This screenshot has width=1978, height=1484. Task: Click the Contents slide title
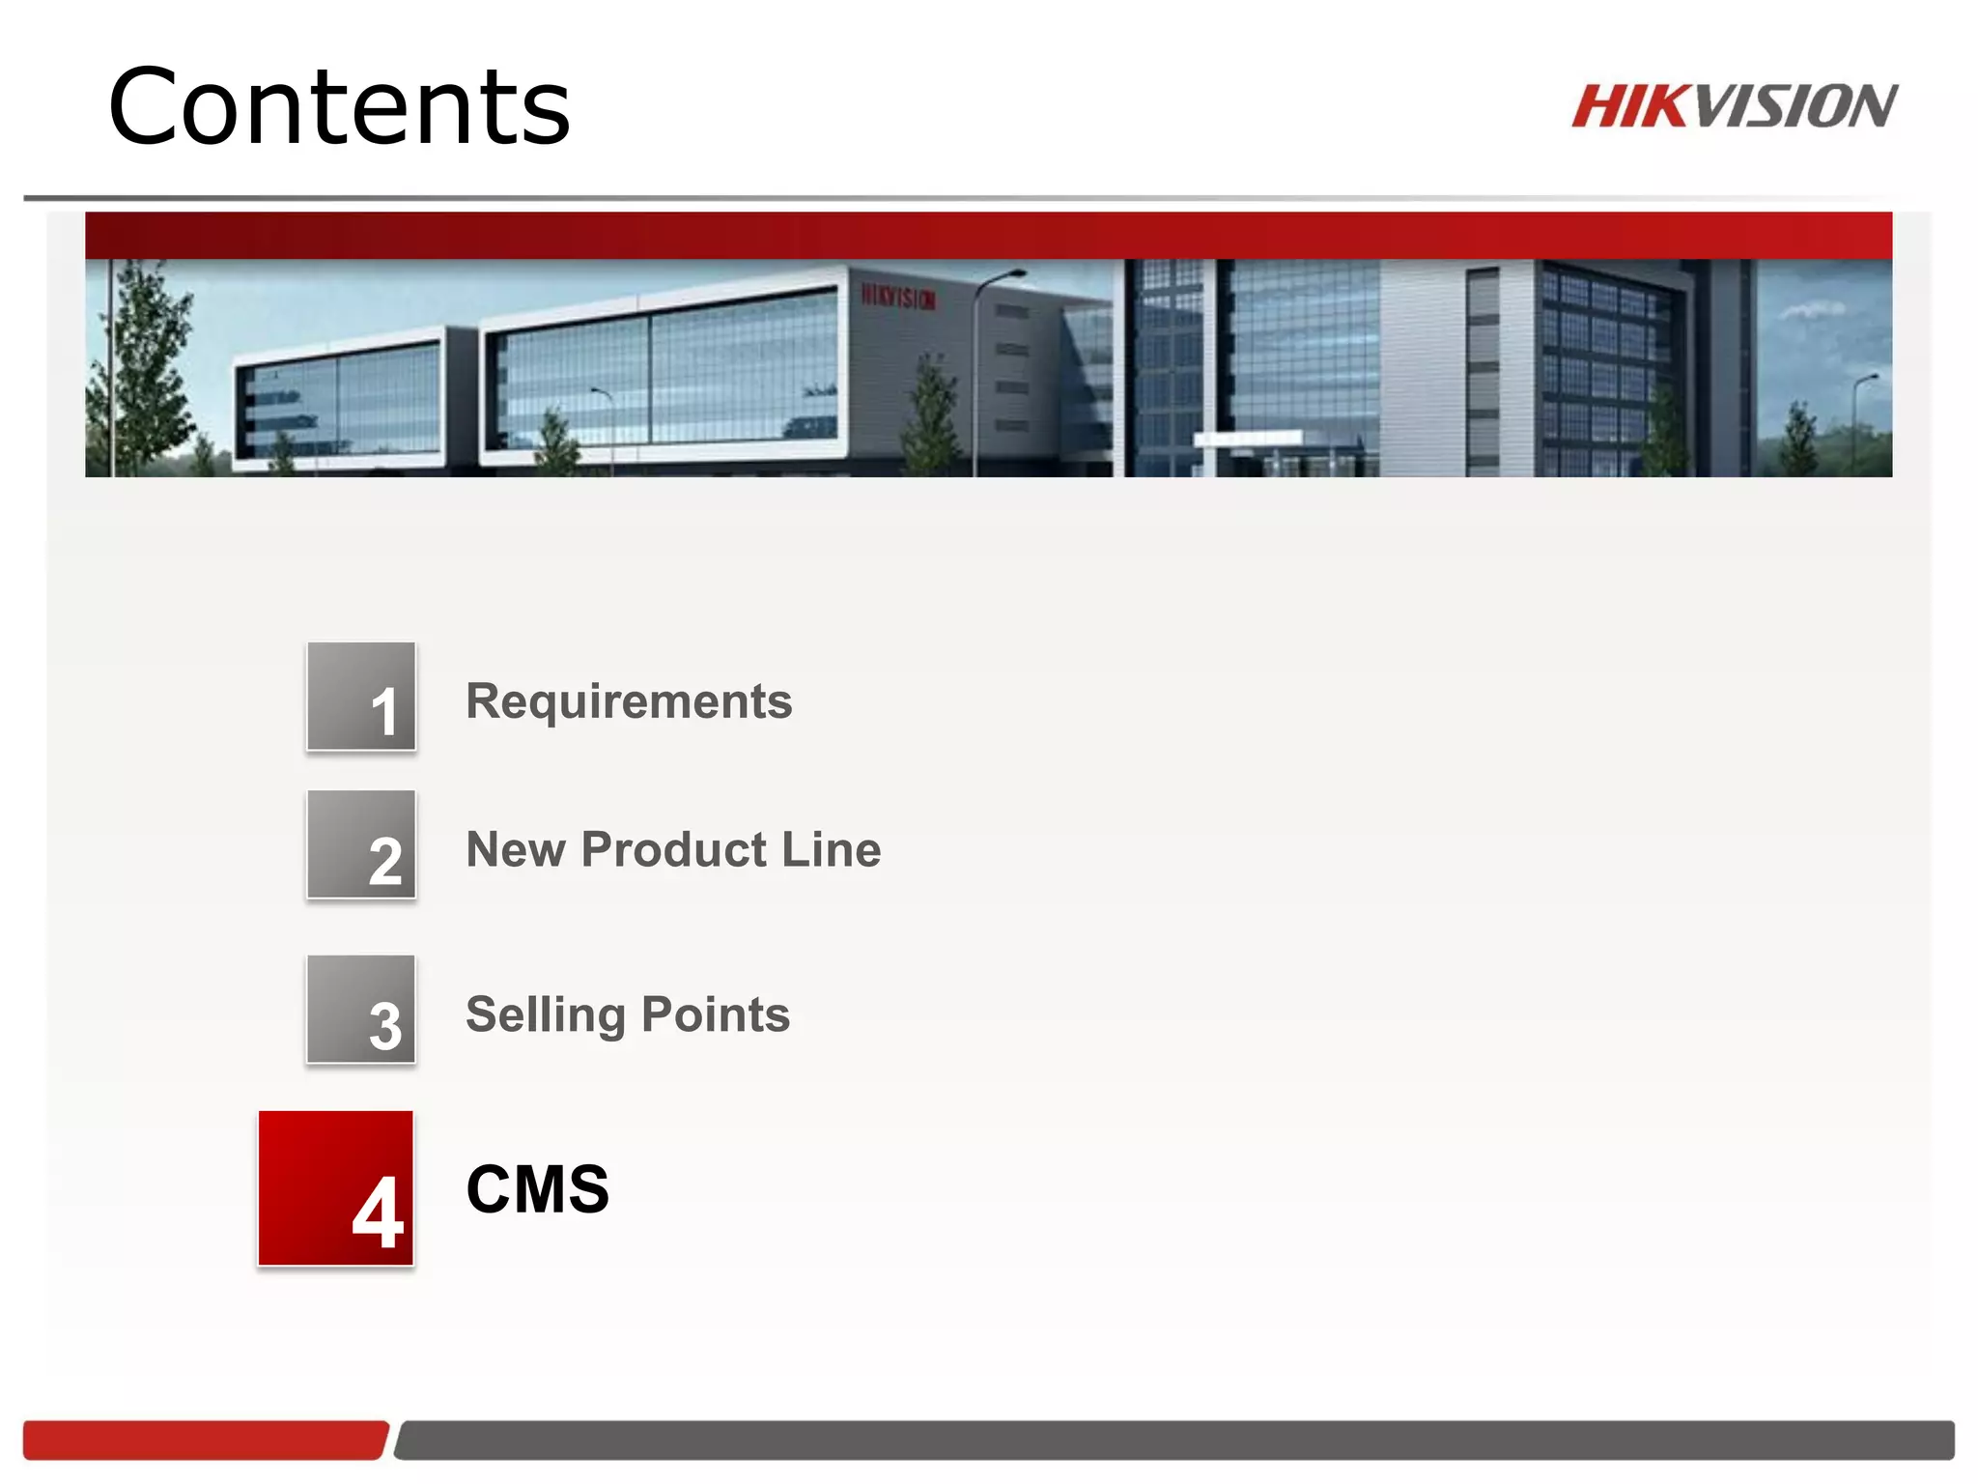click(339, 106)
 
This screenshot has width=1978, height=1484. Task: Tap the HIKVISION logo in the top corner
click(1734, 106)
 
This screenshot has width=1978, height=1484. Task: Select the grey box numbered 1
click(361, 697)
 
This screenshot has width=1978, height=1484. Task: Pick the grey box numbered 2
click(361, 844)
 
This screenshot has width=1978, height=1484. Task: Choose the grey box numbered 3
click(361, 1010)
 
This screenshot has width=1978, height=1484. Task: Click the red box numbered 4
click(335, 1188)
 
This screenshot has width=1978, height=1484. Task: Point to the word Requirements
click(629, 701)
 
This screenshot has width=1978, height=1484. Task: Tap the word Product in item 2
click(674, 850)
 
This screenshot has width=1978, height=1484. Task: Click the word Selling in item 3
click(546, 1015)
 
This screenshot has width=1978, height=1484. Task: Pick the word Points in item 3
click(716, 1014)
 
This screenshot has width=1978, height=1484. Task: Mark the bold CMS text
click(538, 1189)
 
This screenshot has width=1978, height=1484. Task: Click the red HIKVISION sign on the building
click(898, 297)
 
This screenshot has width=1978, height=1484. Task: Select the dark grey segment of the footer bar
click(1173, 1440)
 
